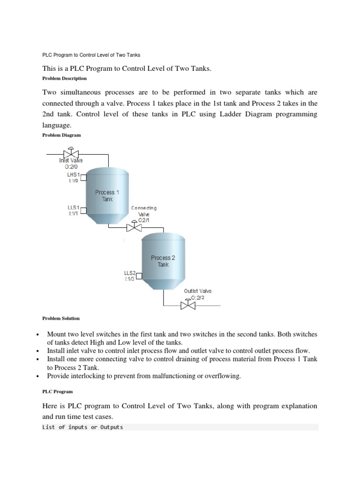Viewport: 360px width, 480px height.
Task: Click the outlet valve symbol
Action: [x=188, y=305]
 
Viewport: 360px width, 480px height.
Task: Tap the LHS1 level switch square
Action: [x=84, y=177]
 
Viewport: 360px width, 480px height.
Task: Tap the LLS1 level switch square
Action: [x=84, y=210]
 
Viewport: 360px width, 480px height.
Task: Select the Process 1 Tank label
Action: [x=107, y=195]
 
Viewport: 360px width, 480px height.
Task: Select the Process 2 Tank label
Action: [x=163, y=261]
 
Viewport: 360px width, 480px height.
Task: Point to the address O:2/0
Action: [x=67, y=166]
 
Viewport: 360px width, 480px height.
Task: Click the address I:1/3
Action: [x=129, y=279]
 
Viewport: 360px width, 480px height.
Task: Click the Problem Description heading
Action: [x=64, y=79]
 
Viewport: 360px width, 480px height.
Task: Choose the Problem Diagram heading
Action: [x=61, y=135]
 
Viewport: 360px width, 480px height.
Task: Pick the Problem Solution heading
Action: [x=61, y=318]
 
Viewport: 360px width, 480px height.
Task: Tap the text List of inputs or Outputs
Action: [x=82, y=427]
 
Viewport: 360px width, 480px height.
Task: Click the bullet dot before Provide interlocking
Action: [x=36, y=376]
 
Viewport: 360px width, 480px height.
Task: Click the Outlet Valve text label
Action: [x=197, y=291]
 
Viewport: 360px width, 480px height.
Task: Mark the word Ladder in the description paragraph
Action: [x=231, y=114]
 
